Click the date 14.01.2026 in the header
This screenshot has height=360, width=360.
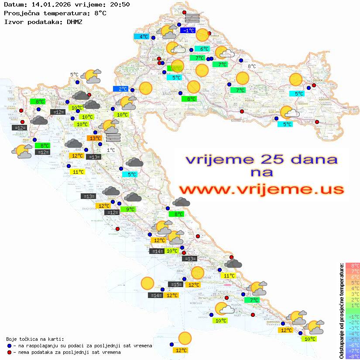[46, 5]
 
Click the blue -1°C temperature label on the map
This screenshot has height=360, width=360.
[188, 31]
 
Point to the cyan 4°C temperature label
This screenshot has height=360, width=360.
[143, 37]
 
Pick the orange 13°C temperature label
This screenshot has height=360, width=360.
[95, 138]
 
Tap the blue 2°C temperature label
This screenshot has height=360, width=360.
[121, 89]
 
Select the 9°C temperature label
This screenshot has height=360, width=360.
[129, 209]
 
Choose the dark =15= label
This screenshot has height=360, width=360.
[176, 285]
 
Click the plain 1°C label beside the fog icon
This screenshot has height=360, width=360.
[111, 150]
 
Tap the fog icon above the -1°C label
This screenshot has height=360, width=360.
[192, 18]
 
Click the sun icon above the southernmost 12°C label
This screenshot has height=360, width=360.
[185, 338]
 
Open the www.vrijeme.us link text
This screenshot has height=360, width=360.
[261, 190]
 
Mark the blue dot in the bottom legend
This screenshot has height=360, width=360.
[10, 346]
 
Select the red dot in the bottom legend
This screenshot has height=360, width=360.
[10, 352]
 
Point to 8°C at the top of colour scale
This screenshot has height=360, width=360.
[353, 265]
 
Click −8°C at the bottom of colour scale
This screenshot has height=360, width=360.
[353, 356]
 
